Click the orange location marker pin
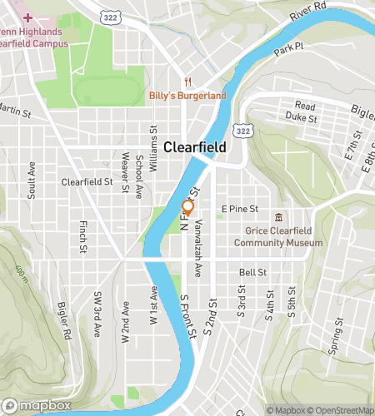187,208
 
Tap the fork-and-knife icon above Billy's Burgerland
188,82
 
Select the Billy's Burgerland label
187,96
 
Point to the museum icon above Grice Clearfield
278,216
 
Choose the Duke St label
302,119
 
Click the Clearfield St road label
87,181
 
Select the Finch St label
83,237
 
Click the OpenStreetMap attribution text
339,409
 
